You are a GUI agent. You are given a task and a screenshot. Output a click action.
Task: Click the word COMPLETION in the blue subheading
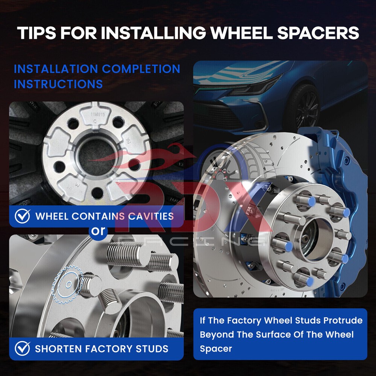(141, 69)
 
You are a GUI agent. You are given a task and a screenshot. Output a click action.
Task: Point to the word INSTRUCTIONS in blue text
(58, 84)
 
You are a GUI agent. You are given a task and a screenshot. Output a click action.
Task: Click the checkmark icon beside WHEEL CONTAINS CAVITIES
(22, 216)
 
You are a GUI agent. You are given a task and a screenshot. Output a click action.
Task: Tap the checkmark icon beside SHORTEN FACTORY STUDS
(22, 349)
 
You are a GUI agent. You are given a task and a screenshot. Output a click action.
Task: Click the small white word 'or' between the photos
(98, 231)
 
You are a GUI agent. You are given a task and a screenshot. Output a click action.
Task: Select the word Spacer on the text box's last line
(216, 349)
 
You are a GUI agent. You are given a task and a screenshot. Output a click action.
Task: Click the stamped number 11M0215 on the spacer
(98, 115)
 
